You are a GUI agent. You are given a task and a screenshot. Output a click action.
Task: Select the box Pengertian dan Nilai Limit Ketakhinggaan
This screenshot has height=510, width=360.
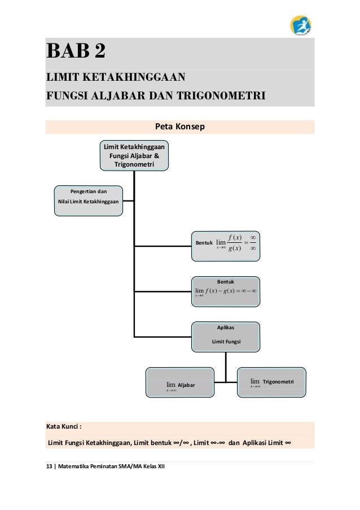88,200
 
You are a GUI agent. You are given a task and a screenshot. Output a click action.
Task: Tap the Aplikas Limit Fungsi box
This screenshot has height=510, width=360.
228,336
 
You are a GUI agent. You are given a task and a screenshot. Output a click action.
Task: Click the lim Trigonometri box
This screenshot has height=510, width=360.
273,381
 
